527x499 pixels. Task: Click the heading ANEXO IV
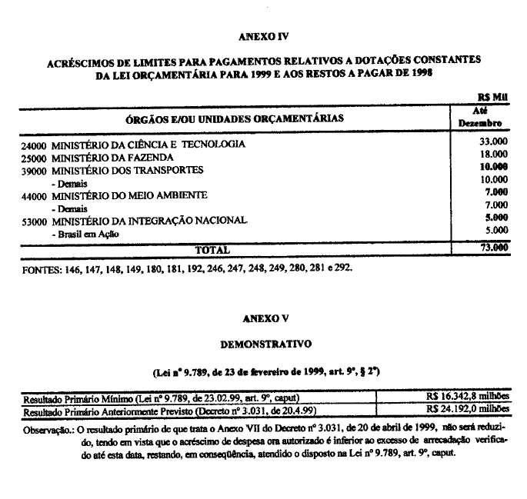pos(263,36)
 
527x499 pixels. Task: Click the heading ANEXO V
pos(263,316)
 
